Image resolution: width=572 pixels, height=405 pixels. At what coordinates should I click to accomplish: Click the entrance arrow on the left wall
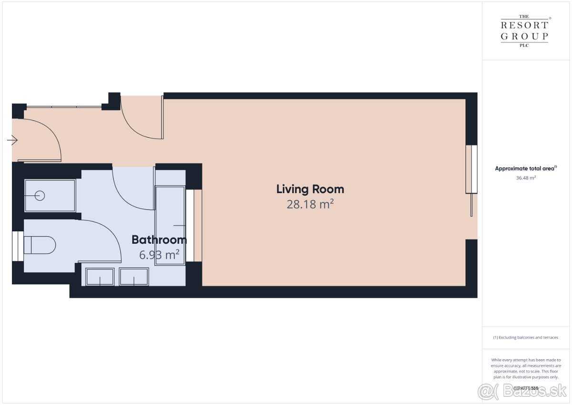[12, 140]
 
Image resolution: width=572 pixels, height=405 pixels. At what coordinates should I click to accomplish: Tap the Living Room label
[310, 189]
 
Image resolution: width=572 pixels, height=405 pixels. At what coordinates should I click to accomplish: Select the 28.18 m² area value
[310, 205]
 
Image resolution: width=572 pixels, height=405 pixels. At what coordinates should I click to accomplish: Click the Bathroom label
[159, 240]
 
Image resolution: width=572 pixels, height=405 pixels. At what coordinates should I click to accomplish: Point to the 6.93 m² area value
[159, 255]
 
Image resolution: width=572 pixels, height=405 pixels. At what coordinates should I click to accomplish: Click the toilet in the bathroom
[40, 245]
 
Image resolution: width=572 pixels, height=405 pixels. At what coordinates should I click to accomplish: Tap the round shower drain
[40, 196]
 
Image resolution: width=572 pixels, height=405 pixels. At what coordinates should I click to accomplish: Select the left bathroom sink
[100, 277]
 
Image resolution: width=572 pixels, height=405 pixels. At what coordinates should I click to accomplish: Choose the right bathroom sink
[134, 277]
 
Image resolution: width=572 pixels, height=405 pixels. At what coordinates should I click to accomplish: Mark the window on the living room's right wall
[471, 169]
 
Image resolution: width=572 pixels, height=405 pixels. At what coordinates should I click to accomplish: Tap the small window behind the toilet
[18, 246]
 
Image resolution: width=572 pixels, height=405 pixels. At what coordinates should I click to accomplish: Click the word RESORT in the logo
[524, 25]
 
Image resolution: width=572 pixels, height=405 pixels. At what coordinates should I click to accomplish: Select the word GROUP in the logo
[524, 36]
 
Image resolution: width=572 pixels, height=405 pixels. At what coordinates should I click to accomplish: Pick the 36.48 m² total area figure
[526, 178]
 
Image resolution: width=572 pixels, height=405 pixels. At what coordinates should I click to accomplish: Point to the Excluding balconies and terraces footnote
[526, 337]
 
